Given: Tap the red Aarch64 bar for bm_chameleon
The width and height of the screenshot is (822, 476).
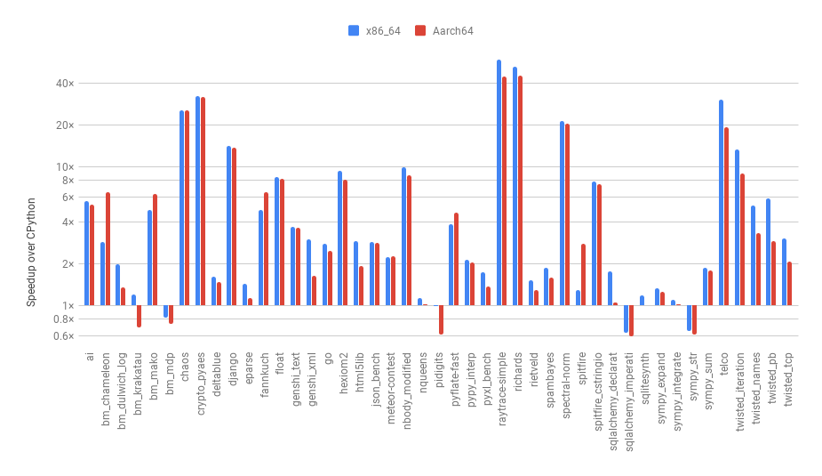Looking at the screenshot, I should tap(108, 249).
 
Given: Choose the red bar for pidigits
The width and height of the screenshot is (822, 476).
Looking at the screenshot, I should tap(441, 319).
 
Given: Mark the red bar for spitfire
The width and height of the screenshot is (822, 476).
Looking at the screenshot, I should tap(584, 275).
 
